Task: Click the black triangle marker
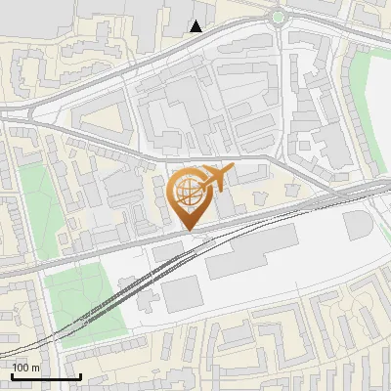tap(196, 26)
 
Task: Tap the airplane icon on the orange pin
tap(216, 178)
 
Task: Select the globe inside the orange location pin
tap(188, 191)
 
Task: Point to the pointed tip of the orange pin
tap(188, 229)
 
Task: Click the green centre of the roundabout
tap(279, 17)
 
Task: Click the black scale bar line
tap(46, 376)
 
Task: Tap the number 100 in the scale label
tap(21, 368)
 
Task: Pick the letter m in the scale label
tap(35, 368)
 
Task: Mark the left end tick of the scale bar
tap(13, 374)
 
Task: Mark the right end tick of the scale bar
tap(79, 374)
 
